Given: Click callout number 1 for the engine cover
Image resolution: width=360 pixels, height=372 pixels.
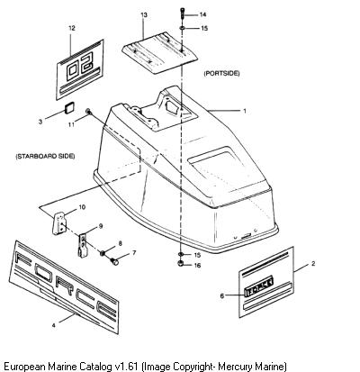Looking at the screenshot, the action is click(245, 111).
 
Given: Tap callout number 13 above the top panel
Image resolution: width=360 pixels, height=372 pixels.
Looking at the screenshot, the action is click(144, 14).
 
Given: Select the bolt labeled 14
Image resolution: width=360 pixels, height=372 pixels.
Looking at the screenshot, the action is click(183, 14).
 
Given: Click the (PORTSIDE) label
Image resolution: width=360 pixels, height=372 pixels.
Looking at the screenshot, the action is click(221, 73).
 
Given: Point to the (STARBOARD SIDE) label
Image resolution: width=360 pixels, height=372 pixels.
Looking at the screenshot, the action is click(45, 156).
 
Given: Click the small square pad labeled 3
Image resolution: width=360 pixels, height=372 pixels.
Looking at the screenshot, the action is click(69, 107).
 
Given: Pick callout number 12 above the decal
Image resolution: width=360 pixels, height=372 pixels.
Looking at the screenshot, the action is click(72, 28).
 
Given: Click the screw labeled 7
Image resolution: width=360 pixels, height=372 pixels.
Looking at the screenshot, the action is click(114, 261).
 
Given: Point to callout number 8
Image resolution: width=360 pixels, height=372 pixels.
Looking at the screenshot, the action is click(121, 243).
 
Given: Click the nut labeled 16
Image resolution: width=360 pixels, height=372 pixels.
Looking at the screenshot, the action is click(181, 264).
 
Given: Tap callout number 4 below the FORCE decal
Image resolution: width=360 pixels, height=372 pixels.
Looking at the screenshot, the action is click(54, 325).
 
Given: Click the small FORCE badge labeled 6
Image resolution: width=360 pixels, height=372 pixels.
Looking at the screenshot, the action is click(259, 286).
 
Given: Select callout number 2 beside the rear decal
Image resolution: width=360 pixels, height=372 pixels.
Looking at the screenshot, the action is click(313, 264).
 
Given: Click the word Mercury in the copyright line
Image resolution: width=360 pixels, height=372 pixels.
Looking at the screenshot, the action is click(235, 367).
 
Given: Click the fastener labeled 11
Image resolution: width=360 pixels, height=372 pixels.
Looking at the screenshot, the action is click(88, 112).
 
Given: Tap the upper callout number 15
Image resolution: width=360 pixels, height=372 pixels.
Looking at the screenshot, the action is click(204, 28).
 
